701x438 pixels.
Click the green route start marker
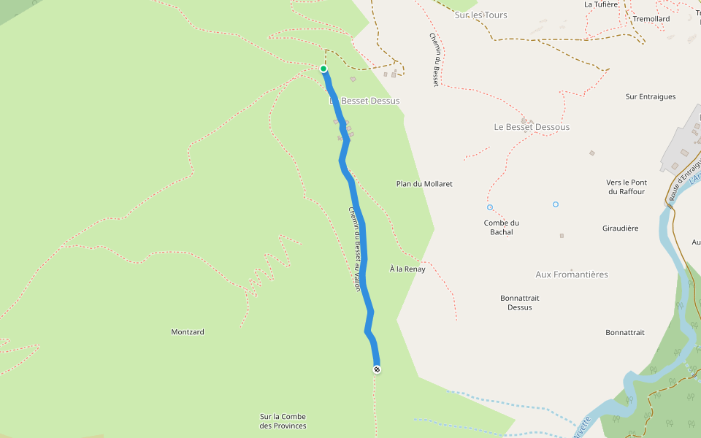point(323,69)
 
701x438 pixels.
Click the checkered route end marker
point(377,369)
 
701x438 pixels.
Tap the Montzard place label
point(188,332)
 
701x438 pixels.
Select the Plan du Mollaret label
point(424,184)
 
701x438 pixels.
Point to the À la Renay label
point(407,269)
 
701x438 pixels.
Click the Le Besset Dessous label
point(532,127)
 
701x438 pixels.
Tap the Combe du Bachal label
point(502,228)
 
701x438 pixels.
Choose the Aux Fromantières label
point(572,274)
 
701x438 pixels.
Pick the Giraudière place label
point(621,228)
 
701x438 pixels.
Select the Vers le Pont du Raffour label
point(627,187)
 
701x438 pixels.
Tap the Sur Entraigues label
point(651,96)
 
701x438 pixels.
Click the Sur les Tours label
point(480,15)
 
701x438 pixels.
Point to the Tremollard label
point(651,19)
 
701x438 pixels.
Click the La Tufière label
point(602,4)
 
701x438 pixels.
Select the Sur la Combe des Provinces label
point(283,421)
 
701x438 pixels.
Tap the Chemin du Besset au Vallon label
point(354,249)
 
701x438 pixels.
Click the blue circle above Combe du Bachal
point(490,207)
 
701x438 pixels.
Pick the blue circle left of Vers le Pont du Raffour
point(556,204)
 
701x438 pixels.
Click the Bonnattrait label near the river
point(625,333)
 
